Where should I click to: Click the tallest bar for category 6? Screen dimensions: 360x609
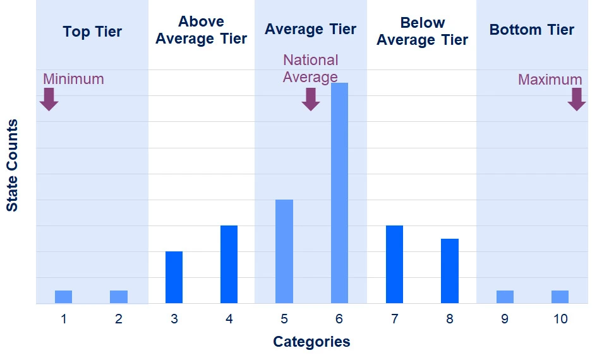(x=339, y=193)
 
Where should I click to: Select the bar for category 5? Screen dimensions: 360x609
(x=284, y=251)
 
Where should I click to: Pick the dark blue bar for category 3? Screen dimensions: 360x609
(x=174, y=277)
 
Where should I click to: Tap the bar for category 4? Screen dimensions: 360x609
(x=229, y=264)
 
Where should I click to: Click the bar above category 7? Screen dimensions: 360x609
(x=394, y=264)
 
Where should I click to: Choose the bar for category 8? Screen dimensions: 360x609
(x=450, y=271)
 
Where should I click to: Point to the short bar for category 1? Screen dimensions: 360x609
(x=63, y=297)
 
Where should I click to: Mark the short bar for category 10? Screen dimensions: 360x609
(x=560, y=297)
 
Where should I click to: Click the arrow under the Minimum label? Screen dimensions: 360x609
(x=49, y=99)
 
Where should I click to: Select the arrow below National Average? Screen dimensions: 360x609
(x=310, y=99)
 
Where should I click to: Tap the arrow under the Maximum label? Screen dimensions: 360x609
(x=576, y=99)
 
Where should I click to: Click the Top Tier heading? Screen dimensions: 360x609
(x=92, y=31)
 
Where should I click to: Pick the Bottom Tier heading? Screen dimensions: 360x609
(x=531, y=30)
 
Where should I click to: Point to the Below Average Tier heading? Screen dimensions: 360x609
(x=422, y=32)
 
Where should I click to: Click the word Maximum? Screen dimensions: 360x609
(x=550, y=80)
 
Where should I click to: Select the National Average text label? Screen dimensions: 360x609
(x=310, y=68)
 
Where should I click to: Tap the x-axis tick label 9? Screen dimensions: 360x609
(x=505, y=320)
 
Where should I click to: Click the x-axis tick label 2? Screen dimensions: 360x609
(x=119, y=320)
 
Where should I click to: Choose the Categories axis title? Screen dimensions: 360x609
(x=311, y=342)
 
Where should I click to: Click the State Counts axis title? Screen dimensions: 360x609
(x=12, y=165)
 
